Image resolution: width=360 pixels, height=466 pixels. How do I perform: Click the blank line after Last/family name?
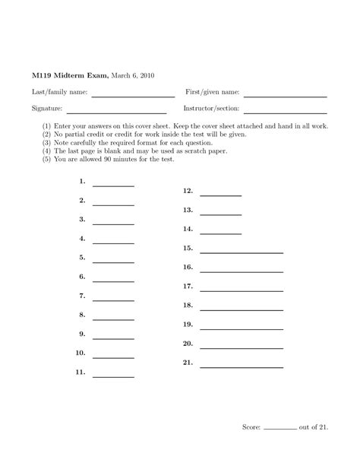point(133,96)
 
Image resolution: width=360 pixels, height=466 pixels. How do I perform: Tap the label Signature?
point(46,109)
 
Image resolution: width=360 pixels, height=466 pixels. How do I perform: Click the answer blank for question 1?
point(112,185)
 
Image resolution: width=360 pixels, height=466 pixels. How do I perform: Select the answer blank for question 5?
point(112,262)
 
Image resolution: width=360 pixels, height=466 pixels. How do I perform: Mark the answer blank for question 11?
point(112,376)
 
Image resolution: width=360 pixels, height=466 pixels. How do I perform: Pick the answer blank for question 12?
point(220,195)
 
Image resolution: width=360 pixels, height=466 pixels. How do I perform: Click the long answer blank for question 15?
point(241,252)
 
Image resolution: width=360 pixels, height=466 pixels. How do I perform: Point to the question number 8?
point(81,314)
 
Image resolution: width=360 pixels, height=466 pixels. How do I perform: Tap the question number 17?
point(188,286)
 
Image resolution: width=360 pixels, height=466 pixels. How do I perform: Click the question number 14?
point(188,228)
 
